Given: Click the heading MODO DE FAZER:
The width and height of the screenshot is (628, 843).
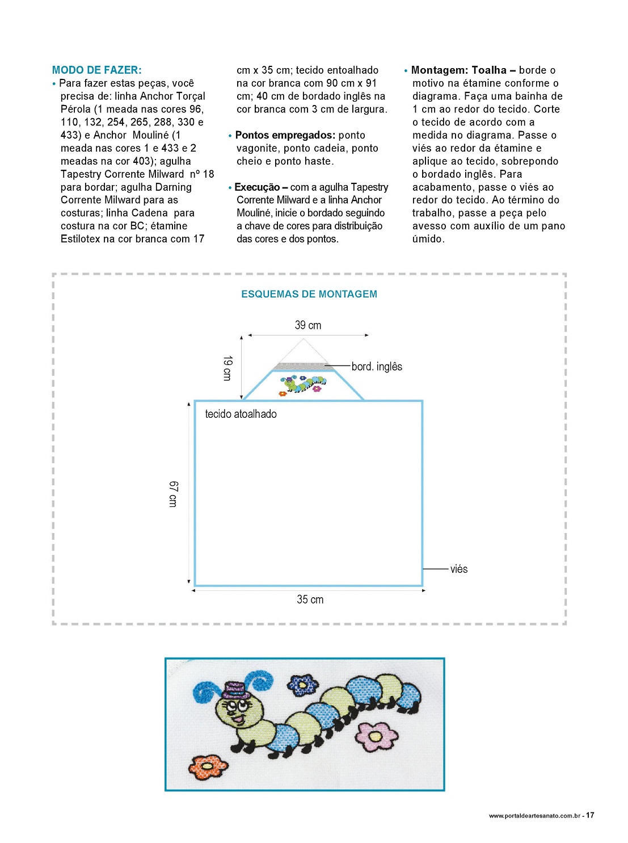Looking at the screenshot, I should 96,70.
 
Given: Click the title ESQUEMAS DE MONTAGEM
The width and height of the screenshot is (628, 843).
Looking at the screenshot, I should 309,294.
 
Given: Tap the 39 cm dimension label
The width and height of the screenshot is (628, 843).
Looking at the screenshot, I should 308,325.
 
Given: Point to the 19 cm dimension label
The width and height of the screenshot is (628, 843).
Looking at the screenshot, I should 227,368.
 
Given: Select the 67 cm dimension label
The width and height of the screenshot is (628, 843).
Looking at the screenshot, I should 174,493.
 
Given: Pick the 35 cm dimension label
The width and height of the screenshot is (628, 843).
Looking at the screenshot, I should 310,599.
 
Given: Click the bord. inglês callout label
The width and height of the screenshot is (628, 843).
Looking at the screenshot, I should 377,367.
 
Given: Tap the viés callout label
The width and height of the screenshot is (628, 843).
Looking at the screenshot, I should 459,569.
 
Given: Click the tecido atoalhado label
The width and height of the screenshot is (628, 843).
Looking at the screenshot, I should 241,414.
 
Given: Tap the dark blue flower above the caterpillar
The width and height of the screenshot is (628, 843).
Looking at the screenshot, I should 302,685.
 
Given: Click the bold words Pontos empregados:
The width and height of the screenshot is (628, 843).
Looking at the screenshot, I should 285,135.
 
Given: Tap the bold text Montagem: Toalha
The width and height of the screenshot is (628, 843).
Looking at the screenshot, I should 458,70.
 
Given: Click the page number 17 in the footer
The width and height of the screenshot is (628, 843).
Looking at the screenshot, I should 590,815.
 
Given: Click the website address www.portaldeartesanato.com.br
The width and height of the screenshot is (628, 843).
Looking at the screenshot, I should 534,816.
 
